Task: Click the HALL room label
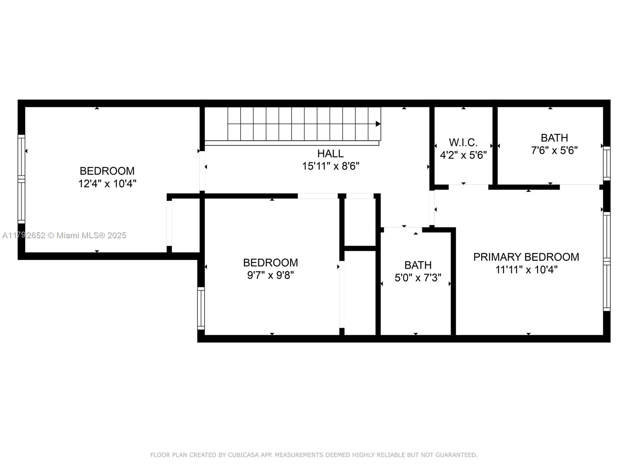(330, 154)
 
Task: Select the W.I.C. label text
(463, 142)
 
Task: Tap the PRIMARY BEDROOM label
(526, 257)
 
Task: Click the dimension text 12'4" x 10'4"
(107, 184)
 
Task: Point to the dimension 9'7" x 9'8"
(271, 276)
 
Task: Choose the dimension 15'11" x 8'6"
(331, 166)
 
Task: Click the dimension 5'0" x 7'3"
(418, 277)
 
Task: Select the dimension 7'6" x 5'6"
(555, 150)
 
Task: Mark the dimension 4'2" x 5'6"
(463, 155)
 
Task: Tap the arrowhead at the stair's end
(378, 124)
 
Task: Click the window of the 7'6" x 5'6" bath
(606, 164)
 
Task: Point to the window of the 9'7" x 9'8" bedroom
(201, 308)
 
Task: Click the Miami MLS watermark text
(64, 235)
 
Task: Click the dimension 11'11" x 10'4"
(526, 270)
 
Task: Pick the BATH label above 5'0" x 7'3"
(418, 265)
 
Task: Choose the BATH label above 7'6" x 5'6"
(555, 138)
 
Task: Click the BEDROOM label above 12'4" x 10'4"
(107, 171)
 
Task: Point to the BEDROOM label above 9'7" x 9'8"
(271, 263)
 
